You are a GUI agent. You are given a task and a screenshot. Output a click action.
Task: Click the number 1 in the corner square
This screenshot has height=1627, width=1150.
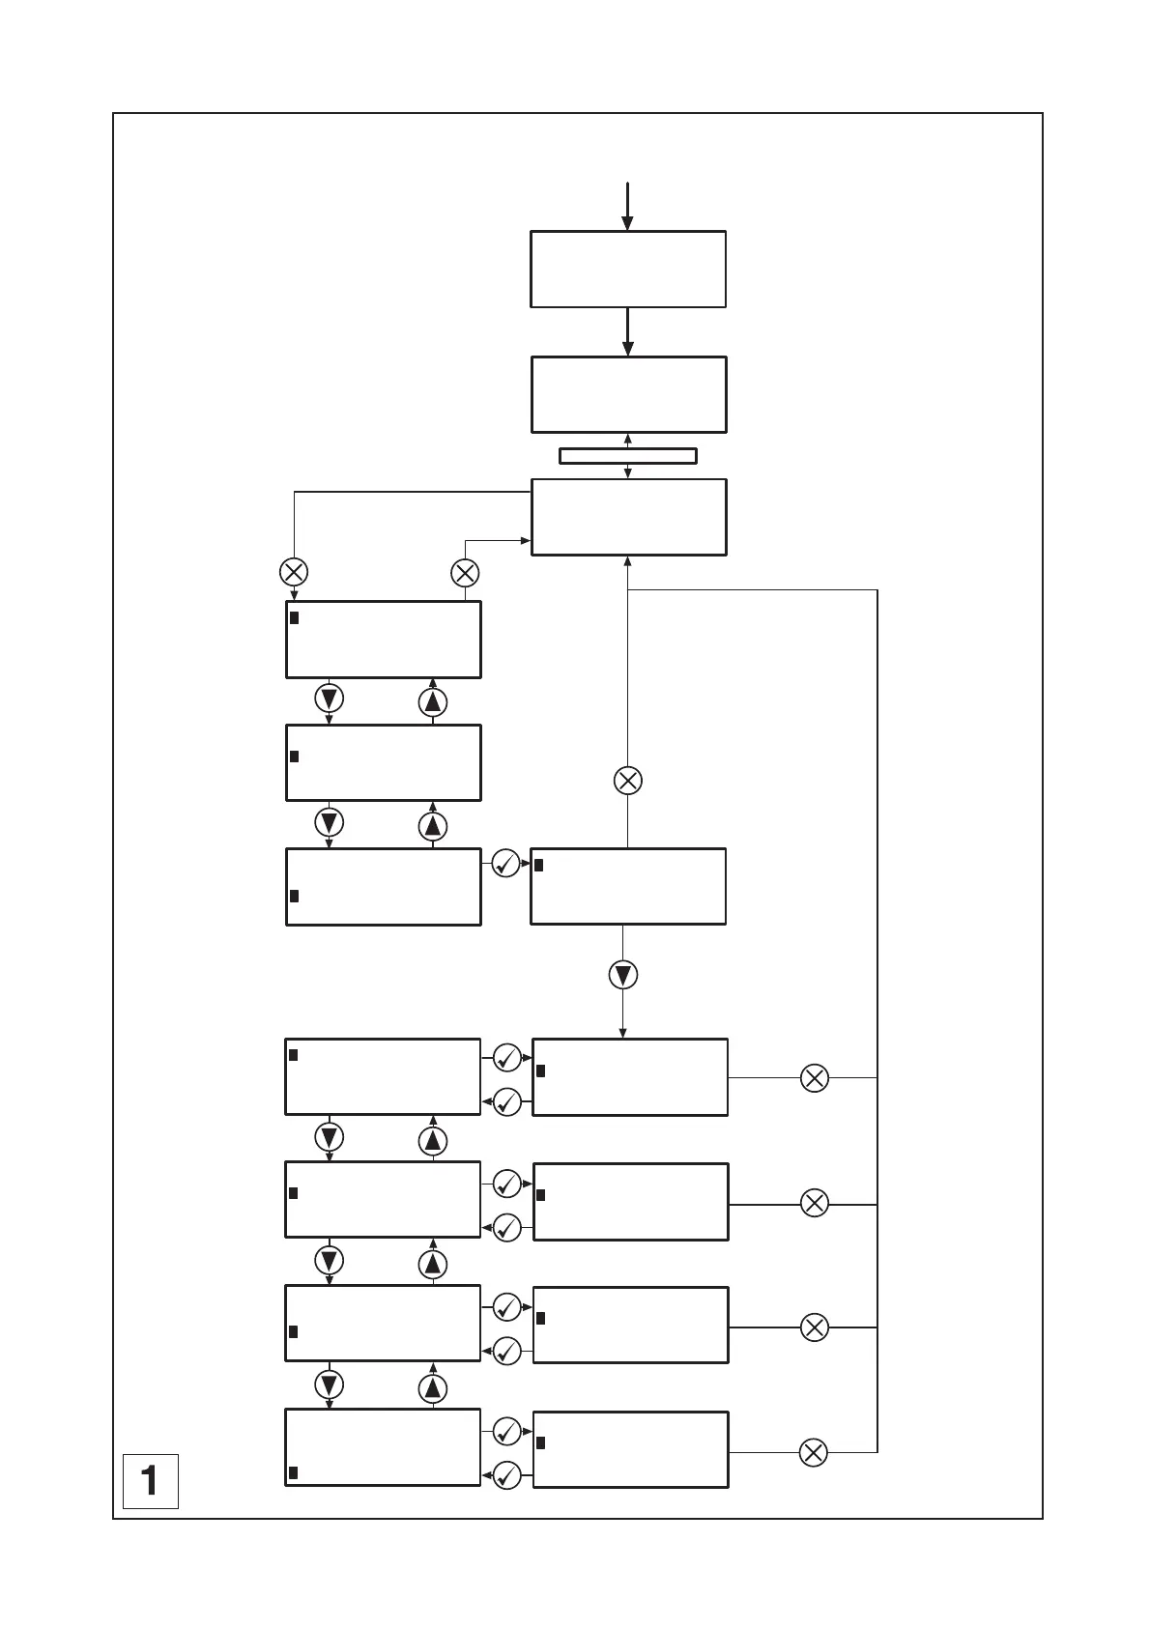click(150, 1480)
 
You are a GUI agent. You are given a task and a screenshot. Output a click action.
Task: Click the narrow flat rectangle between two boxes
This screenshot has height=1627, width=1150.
click(628, 456)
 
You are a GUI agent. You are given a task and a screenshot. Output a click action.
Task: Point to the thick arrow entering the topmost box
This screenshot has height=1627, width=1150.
click(627, 206)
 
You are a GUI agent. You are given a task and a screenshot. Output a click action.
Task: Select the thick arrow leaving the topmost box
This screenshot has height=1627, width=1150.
click(628, 332)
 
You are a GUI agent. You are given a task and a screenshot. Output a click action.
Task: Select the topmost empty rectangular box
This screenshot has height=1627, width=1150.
click(628, 270)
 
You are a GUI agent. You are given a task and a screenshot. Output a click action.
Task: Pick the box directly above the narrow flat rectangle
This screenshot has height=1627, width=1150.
click(628, 394)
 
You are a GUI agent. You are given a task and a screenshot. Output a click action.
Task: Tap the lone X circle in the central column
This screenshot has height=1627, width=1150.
click(628, 781)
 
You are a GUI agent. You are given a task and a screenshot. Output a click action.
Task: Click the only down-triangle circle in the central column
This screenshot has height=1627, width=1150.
click(623, 976)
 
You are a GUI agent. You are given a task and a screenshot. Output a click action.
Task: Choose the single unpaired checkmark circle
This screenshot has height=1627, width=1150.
click(506, 864)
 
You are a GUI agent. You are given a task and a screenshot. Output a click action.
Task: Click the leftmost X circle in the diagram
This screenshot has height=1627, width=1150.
click(294, 572)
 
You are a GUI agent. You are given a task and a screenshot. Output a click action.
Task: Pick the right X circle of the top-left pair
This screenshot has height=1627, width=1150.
click(465, 573)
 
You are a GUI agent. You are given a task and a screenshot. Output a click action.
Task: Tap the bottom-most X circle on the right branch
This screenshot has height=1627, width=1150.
click(814, 1452)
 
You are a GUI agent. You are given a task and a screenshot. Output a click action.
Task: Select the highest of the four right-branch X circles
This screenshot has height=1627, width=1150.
click(815, 1078)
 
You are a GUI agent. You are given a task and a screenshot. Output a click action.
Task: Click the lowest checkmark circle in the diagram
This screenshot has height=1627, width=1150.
click(506, 1475)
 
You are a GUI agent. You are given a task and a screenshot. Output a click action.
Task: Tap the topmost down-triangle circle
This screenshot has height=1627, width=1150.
click(330, 699)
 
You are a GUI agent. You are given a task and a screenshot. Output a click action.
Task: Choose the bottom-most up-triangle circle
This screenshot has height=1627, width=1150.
click(433, 1389)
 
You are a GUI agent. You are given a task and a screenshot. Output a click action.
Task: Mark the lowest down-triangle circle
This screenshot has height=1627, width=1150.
click(330, 1385)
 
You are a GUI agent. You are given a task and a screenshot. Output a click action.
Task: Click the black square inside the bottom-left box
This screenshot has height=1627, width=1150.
click(293, 1472)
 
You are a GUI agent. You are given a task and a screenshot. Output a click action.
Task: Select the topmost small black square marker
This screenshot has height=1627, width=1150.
click(294, 617)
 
